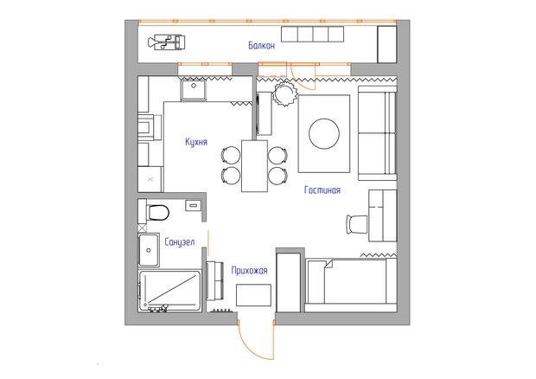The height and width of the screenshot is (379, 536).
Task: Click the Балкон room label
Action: [261, 46]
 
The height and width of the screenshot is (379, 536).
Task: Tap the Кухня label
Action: [196, 142]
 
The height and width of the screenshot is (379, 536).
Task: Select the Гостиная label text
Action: [322, 189]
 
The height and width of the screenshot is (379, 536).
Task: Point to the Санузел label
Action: [180, 242]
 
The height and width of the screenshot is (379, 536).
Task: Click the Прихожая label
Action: [250, 271]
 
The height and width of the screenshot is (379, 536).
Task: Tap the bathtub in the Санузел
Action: [169, 291]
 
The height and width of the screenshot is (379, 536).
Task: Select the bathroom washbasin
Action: [149, 250]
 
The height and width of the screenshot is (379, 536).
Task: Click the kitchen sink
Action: [194, 90]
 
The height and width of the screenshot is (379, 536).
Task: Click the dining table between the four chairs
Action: [254, 166]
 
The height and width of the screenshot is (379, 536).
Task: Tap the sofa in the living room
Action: [377, 133]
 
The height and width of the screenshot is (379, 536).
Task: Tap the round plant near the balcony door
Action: [284, 93]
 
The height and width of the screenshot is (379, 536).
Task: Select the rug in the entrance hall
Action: [253, 295]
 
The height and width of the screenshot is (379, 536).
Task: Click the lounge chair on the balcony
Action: [167, 42]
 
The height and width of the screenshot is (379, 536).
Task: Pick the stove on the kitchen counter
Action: [150, 127]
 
